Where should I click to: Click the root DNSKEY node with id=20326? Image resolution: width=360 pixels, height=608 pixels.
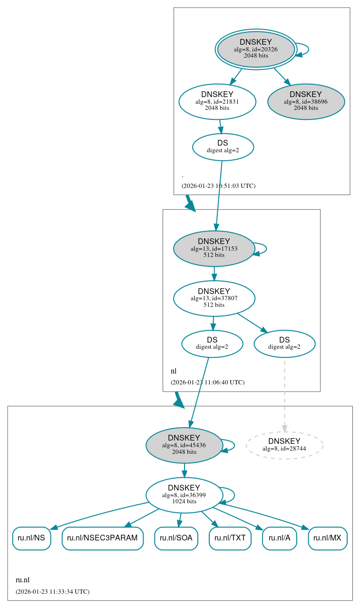pyautogui.click(x=256, y=49)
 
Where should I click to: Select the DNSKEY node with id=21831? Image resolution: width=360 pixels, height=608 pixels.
pyautogui.click(x=217, y=101)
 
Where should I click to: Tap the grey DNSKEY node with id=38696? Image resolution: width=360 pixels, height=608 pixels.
pyautogui.click(x=306, y=101)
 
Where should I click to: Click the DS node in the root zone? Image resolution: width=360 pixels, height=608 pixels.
pyautogui.click(x=223, y=147)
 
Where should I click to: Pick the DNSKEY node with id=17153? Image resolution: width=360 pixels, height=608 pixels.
pyautogui.click(x=214, y=248)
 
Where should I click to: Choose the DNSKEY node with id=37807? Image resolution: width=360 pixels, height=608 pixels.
pyautogui.click(x=214, y=298)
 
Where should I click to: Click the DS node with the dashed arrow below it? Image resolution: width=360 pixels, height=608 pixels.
pyautogui.click(x=284, y=343)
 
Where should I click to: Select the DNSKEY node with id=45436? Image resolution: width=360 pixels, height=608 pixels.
pyautogui.click(x=184, y=445)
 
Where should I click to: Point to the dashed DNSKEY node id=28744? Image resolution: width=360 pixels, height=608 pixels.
pyautogui.click(x=284, y=445)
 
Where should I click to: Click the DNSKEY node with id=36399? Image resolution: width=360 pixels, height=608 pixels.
pyautogui.click(x=184, y=495)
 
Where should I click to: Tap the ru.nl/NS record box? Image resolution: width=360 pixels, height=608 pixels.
pyautogui.click(x=31, y=538)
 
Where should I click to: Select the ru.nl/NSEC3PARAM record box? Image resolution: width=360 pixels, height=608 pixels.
pyautogui.click(x=102, y=538)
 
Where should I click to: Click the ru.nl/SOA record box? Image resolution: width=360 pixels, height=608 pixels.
pyautogui.click(x=176, y=538)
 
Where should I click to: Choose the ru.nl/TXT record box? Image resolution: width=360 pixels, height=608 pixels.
pyautogui.click(x=230, y=538)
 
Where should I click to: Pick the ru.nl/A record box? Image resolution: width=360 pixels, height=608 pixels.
pyautogui.click(x=280, y=538)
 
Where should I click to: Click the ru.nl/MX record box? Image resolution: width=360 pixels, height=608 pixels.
pyautogui.click(x=328, y=538)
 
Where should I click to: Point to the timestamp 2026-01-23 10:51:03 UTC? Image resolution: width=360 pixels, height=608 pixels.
pyautogui.click(x=218, y=186)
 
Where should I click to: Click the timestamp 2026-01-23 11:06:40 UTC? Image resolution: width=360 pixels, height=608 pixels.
pyautogui.click(x=207, y=382)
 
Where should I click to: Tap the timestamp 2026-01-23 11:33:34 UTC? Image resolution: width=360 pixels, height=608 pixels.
pyautogui.click(x=52, y=592)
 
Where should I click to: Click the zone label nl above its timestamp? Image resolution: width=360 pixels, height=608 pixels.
pyautogui.click(x=174, y=371)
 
